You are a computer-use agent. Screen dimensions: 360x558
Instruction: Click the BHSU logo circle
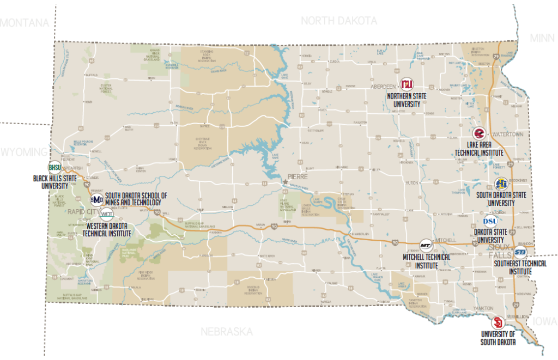click(54, 167)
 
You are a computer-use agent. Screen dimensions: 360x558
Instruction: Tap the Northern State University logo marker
click(406, 84)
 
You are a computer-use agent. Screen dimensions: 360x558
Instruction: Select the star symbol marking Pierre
click(284, 180)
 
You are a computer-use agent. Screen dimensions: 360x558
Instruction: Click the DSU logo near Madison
click(490, 221)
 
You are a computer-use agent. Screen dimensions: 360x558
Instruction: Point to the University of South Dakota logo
click(497, 321)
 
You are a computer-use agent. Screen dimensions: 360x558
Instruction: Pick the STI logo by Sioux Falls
click(520, 252)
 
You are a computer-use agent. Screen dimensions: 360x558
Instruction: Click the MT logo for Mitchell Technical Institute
click(426, 244)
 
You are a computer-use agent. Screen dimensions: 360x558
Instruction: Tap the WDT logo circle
click(107, 214)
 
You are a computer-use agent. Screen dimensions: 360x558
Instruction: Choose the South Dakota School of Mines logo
click(96, 199)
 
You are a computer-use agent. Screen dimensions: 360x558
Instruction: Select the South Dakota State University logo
click(501, 184)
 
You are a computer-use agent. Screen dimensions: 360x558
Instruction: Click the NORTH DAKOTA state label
click(338, 21)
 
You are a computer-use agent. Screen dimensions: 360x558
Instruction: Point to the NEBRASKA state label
click(226, 332)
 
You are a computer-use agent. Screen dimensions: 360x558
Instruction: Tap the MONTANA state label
click(25, 22)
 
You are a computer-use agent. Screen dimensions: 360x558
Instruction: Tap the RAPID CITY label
click(82, 212)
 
